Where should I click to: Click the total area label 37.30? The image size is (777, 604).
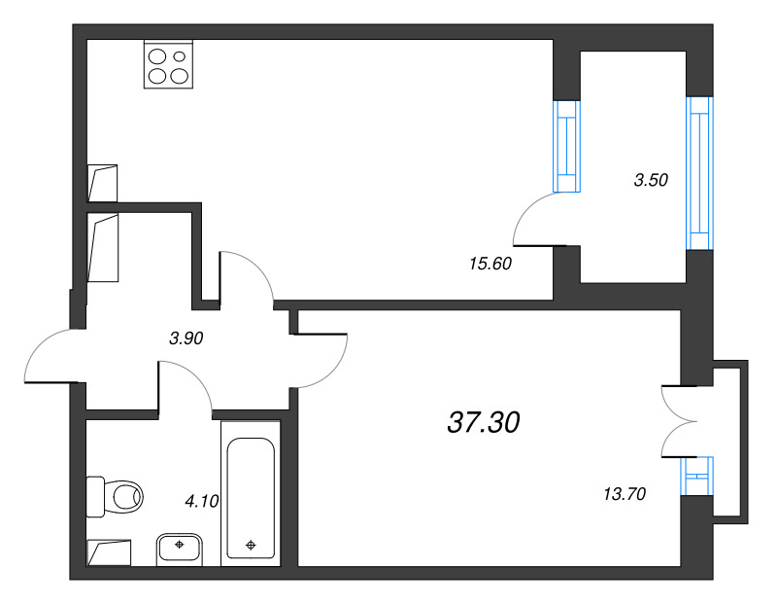coord(483,423)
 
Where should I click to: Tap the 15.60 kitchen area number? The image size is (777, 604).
coord(490,264)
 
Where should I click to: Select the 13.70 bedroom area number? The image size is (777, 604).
coord(625,494)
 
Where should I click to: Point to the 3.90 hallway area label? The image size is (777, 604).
coord(186,338)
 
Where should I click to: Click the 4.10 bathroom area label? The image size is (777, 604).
coord(202,501)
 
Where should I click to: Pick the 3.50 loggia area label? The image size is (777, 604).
coord(651,180)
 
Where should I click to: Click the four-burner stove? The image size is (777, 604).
coord(168,64)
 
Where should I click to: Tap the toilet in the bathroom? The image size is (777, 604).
coord(115,496)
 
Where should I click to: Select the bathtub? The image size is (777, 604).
coord(251,493)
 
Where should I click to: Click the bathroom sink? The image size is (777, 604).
coord(180,550)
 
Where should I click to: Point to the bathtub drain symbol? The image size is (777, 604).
coord(251,545)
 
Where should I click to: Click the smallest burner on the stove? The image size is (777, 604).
coord(180,56)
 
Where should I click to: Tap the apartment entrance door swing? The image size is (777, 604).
coord(50,355)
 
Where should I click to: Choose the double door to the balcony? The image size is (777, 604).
coord(679,421)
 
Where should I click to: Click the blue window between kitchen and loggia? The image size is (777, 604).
coord(566,147)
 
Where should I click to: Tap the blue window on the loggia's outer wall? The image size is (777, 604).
coord(699,173)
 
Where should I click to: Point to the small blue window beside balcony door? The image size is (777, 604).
coord(696,477)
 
